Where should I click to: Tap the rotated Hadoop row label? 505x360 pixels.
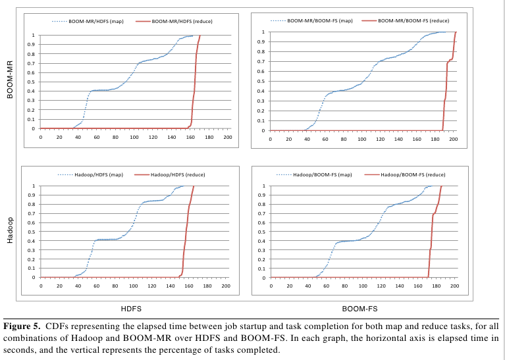pos(9,229)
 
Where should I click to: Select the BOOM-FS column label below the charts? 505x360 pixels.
pos(360,307)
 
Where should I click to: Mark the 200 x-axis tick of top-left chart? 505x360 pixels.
pos(227,138)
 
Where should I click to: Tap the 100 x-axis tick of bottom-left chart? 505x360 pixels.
pos(132,286)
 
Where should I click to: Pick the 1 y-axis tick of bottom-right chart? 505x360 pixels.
pos(264,186)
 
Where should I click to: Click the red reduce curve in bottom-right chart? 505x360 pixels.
pos(432,224)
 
